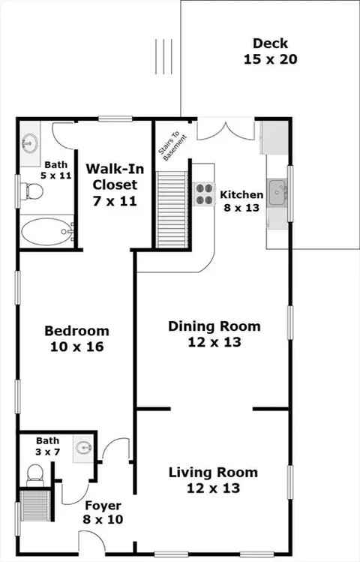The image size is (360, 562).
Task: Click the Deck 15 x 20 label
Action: pos(271,51)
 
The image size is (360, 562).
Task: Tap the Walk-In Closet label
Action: pos(115,176)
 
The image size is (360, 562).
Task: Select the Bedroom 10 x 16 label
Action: pos(77,338)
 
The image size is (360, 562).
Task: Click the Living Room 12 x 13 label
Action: pos(213,480)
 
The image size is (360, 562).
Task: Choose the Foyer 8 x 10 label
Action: pos(103,512)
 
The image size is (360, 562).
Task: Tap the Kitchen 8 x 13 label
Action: pos(241,201)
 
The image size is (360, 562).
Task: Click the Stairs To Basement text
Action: pos(173,146)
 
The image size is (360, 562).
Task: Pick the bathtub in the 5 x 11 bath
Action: pos(46,232)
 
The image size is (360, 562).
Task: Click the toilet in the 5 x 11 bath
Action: pos(31,191)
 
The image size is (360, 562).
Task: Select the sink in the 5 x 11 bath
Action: pos(30,143)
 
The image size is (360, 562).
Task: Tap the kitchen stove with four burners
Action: pos(204,194)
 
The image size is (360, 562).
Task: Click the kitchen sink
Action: pos(277,193)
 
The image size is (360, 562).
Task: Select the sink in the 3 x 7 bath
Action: pos(84,448)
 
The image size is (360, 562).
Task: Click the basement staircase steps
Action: pos(172,209)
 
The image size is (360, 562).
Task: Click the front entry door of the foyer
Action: pos(91,542)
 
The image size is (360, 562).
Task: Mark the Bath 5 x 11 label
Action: pos(56,170)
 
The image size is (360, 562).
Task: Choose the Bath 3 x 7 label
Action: pos(48,446)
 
